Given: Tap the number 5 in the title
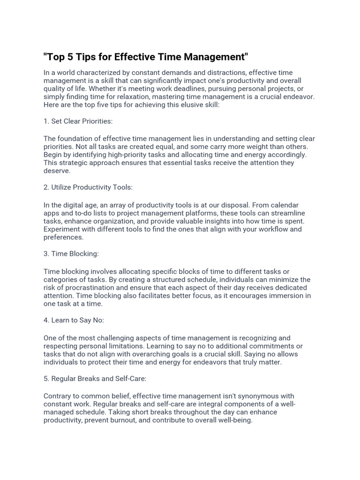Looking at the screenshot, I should point(70,57).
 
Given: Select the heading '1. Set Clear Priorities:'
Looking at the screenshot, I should point(78,121).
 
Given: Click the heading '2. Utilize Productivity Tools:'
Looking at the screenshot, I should point(88,187).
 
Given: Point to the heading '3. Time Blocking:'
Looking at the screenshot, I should point(71,254).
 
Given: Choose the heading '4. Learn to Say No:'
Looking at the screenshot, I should point(74,321).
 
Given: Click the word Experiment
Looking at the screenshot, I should point(63,229).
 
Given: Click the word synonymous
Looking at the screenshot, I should point(263,396).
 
